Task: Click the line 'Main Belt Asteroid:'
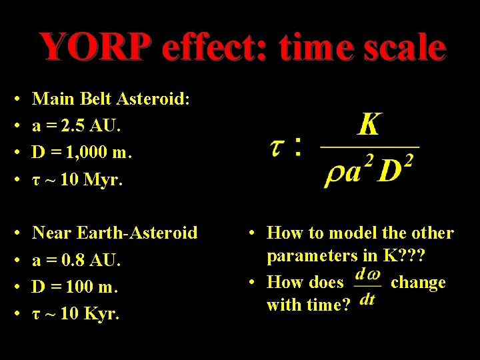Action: [x=111, y=99]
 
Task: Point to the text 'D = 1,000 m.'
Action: [x=83, y=153]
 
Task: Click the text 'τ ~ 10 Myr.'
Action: [x=77, y=180]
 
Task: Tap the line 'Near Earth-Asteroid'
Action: [x=115, y=233]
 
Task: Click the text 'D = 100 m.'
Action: [x=75, y=287]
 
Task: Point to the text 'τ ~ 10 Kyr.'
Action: [x=76, y=314]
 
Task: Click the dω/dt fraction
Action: [x=367, y=287]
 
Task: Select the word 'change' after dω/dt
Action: [x=417, y=282]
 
